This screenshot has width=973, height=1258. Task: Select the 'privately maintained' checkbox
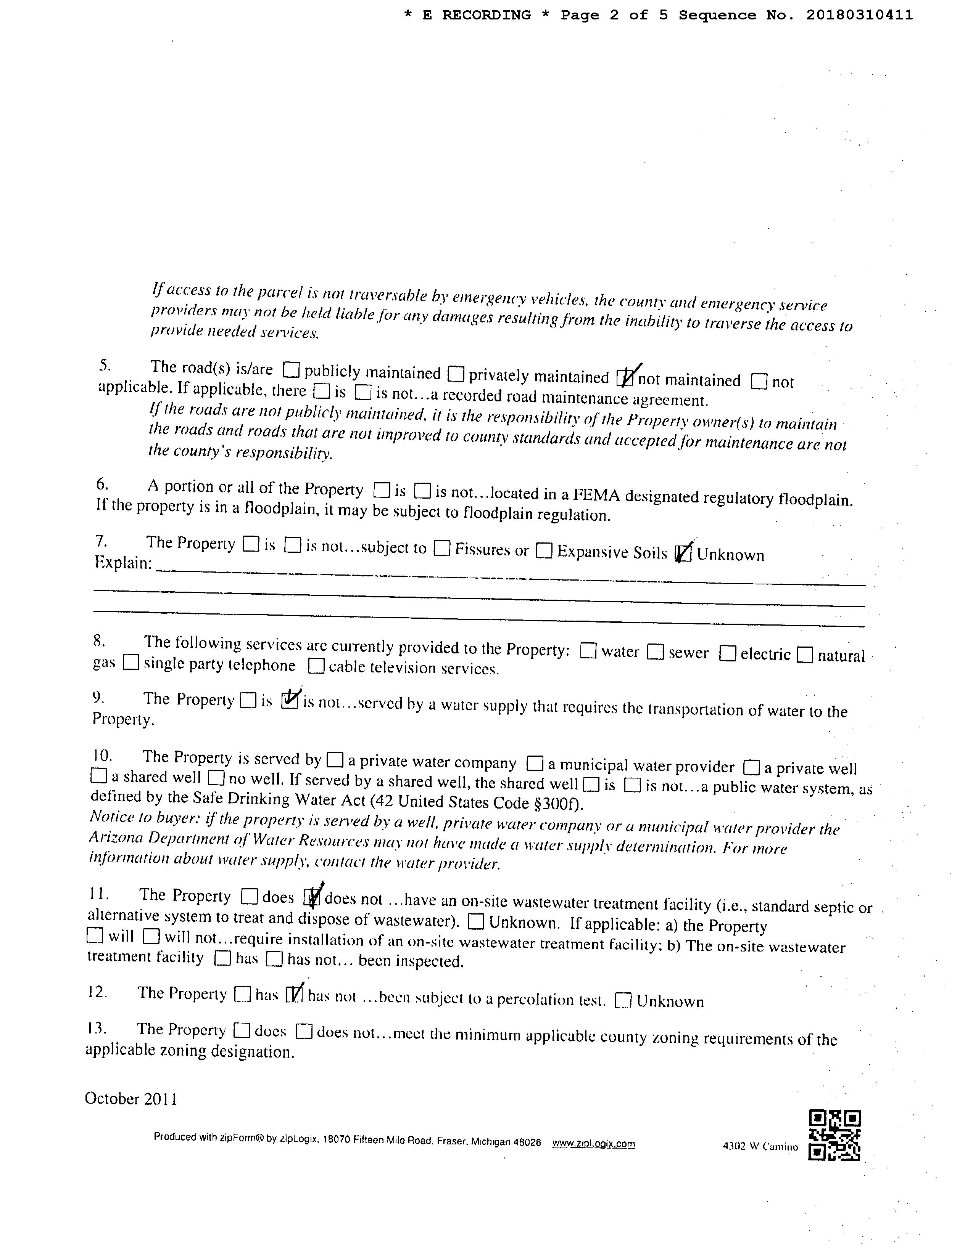point(456,374)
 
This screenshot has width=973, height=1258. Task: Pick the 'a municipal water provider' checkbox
point(535,764)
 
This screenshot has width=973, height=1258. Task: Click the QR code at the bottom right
point(834,1135)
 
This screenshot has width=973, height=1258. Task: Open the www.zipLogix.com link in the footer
point(593,1143)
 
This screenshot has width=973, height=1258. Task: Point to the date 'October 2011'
point(131,1098)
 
